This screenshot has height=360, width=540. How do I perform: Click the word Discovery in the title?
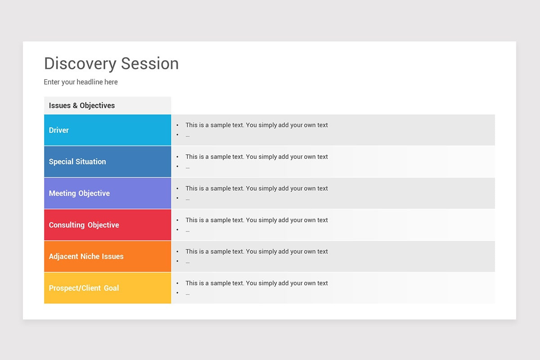pos(80,63)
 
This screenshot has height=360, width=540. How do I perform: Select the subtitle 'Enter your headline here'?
pos(81,82)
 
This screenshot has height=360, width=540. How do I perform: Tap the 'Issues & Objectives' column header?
pos(82,106)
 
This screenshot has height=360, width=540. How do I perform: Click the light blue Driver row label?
pos(59,130)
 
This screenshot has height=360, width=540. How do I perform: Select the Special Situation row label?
pos(77,162)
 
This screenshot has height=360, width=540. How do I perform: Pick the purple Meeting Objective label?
pos(79,193)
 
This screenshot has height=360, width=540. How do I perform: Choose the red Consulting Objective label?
pos(84,225)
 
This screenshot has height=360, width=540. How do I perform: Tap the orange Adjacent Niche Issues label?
pos(86,256)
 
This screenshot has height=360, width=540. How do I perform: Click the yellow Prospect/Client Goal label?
pos(84,288)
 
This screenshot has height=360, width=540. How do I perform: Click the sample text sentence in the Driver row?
pos(256,125)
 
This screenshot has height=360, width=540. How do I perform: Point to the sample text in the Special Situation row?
pos(256,157)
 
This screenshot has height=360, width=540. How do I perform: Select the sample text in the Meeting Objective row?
pos(256,188)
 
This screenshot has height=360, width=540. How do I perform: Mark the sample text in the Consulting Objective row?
pos(256,220)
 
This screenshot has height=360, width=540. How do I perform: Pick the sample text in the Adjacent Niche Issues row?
pos(256,252)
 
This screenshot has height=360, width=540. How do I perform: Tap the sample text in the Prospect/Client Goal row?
pos(256,283)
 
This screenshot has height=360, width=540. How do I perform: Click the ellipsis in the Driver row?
pos(187,135)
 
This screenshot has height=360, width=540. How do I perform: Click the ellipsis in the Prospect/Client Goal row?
pos(187,293)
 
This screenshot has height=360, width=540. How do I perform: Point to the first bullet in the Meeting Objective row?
pos(178,189)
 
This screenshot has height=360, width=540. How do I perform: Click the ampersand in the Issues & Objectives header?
pos(75,106)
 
